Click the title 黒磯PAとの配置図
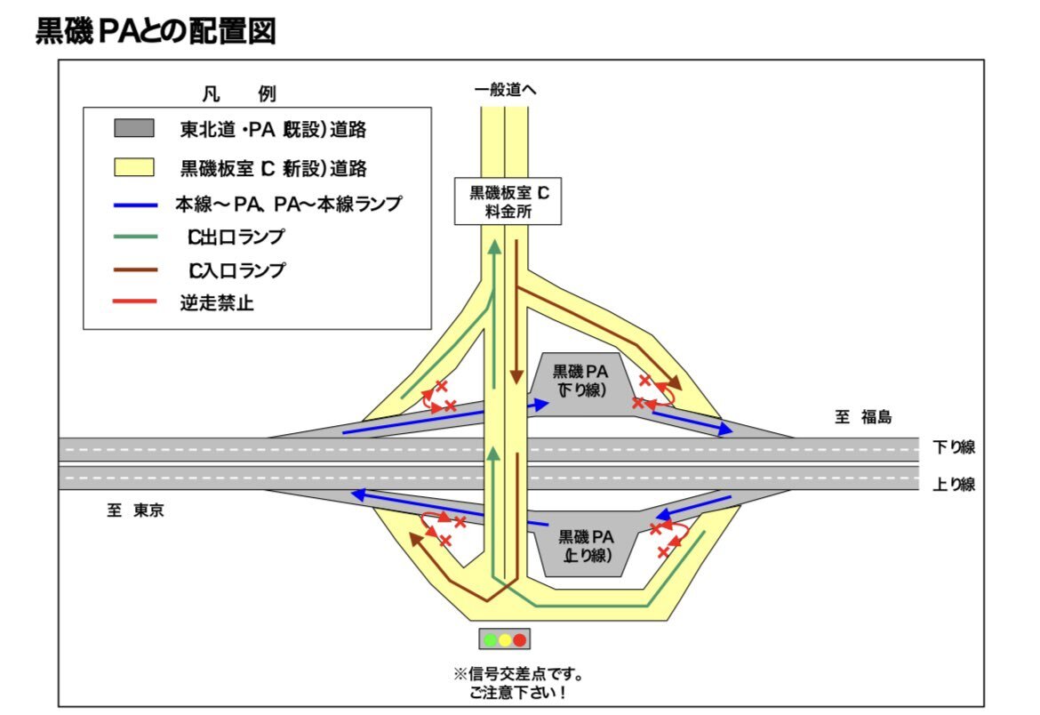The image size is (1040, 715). tap(156, 31)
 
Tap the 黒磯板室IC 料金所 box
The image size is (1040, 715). tap(508, 202)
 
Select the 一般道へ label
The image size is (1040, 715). tap(506, 89)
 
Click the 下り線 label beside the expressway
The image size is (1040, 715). tap(954, 446)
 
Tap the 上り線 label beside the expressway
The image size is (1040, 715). tap(954, 485)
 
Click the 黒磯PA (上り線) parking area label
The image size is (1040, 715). tap(586, 545)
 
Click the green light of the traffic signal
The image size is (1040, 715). tap(489, 639)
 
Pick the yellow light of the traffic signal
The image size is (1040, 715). tap(504, 639)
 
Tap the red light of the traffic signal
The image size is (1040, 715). tap(520, 639)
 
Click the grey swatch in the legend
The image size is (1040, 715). tap(134, 128)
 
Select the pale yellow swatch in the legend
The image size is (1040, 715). tap(134, 166)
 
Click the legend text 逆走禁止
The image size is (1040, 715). tap(217, 303)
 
